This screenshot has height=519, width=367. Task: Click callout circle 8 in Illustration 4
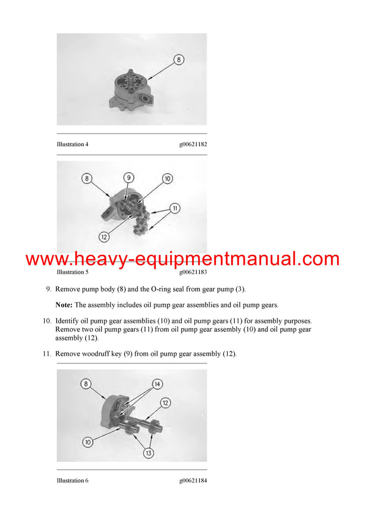pyautogui.click(x=178, y=60)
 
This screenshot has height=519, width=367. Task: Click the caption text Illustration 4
pyautogui.click(x=72, y=144)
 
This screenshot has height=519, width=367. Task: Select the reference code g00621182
pyautogui.click(x=193, y=144)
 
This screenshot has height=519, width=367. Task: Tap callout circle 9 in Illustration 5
pyautogui.click(x=128, y=178)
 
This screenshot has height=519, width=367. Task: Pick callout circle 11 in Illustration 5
pyautogui.click(x=174, y=208)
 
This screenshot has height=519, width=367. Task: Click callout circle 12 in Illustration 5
pyautogui.click(x=105, y=236)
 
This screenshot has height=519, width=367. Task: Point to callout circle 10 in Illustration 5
pyautogui.click(x=168, y=179)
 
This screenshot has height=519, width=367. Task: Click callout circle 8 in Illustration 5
pyautogui.click(x=87, y=179)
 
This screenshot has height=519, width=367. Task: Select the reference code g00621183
pyautogui.click(x=193, y=272)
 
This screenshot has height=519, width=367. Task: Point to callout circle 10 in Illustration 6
pyautogui.click(x=88, y=441)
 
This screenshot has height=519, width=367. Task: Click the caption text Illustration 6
pyautogui.click(x=72, y=480)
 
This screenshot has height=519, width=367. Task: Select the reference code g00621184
pyautogui.click(x=193, y=480)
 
